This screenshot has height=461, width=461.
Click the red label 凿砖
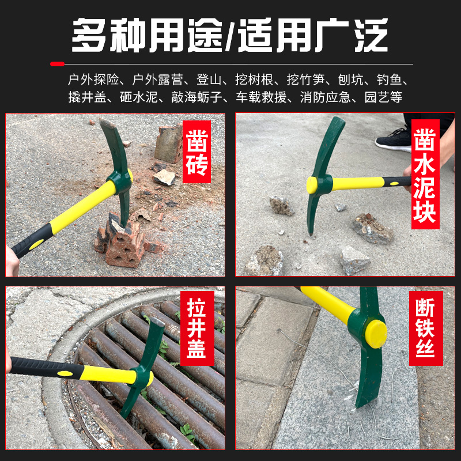pyautogui.click(x=197, y=152)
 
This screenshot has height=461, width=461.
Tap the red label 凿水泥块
pyautogui.click(x=425, y=175)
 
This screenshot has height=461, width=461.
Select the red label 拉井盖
pyautogui.click(x=197, y=328)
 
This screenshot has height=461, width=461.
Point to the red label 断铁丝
pyautogui.click(x=426, y=328)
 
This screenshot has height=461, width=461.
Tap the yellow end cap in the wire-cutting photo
pyautogui.click(x=376, y=334)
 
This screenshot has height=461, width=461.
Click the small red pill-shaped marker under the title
pyautogui.click(x=57, y=64)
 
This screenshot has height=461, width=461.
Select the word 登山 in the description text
pyautogui.click(x=209, y=80)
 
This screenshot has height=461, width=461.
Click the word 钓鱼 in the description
pyautogui.click(x=390, y=80)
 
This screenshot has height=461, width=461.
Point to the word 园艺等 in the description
pyautogui.click(x=383, y=97)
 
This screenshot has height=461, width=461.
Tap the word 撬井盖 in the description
pyautogui.click(x=88, y=97)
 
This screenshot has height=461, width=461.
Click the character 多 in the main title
pyautogui.click(x=89, y=35)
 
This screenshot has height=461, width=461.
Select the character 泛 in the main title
pyautogui.click(x=371, y=35)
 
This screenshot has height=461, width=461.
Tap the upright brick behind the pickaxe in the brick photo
pyautogui.click(x=169, y=143)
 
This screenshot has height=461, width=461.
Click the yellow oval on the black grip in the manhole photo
pyautogui.click(x=65, y=373)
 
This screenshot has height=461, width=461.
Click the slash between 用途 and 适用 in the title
pyautogui.click(x=231, y=35)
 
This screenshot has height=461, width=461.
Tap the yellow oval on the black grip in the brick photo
pyautogui.click(x=36, y=244)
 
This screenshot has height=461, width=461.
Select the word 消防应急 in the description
pyautogui.click(x=326, y=97)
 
